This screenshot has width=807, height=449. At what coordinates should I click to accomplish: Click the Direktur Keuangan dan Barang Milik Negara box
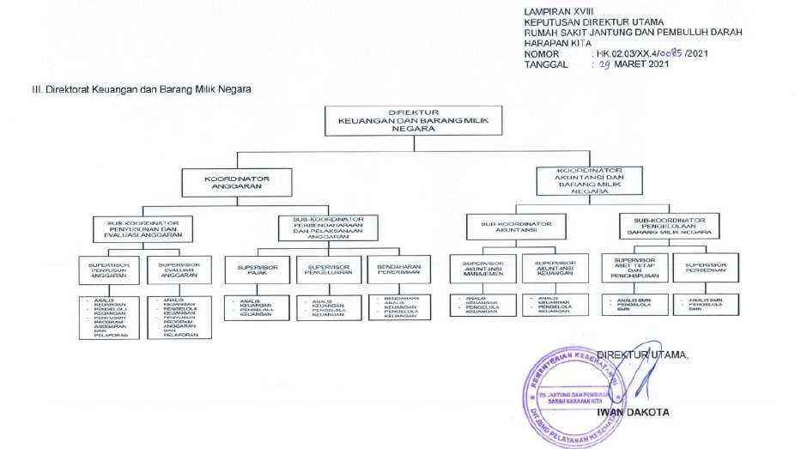tap(414, 121)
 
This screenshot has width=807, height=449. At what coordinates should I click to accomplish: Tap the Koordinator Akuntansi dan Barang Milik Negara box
tap(588, 181)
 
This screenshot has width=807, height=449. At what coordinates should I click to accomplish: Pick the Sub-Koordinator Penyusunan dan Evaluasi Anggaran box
tap(143, 228)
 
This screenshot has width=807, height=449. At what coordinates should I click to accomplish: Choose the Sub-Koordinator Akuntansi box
tap(515, 227)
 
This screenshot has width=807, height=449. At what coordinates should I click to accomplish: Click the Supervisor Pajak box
tap(257, 272)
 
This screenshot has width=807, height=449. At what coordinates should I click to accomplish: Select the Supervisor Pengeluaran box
tap(327, 272)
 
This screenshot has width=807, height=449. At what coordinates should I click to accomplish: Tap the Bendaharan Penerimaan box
tap(397, 272)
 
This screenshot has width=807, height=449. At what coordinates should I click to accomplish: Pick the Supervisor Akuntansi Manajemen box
tap(480, 271)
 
